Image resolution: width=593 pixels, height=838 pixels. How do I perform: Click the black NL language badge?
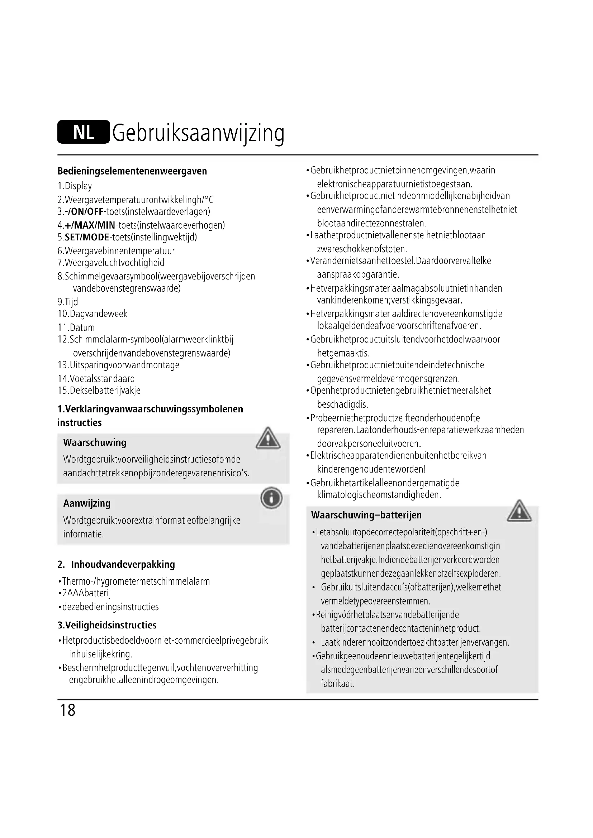[x=83, y=132]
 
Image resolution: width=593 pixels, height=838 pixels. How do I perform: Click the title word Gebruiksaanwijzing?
[x=198, y=133]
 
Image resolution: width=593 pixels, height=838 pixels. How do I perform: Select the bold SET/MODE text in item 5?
[x=87, y=237]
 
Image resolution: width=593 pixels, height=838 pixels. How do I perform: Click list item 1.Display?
[x=75, y=186]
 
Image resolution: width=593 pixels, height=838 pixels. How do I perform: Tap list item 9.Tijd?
[x=68, y=302]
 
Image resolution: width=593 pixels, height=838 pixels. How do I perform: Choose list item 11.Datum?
[x=76, y=327]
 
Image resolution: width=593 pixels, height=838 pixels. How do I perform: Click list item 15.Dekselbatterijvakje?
[x=99, y=391]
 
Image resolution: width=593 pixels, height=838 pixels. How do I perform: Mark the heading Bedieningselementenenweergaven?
[x=132, y=171]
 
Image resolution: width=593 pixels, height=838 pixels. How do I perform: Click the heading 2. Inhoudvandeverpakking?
[x=116, y=564]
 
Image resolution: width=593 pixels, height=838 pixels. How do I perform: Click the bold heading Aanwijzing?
[x=87, y=503]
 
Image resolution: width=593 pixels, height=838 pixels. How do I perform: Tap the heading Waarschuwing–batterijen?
[x=366, y=515]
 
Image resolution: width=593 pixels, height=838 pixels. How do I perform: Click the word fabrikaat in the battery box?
[x=338, y=684]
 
